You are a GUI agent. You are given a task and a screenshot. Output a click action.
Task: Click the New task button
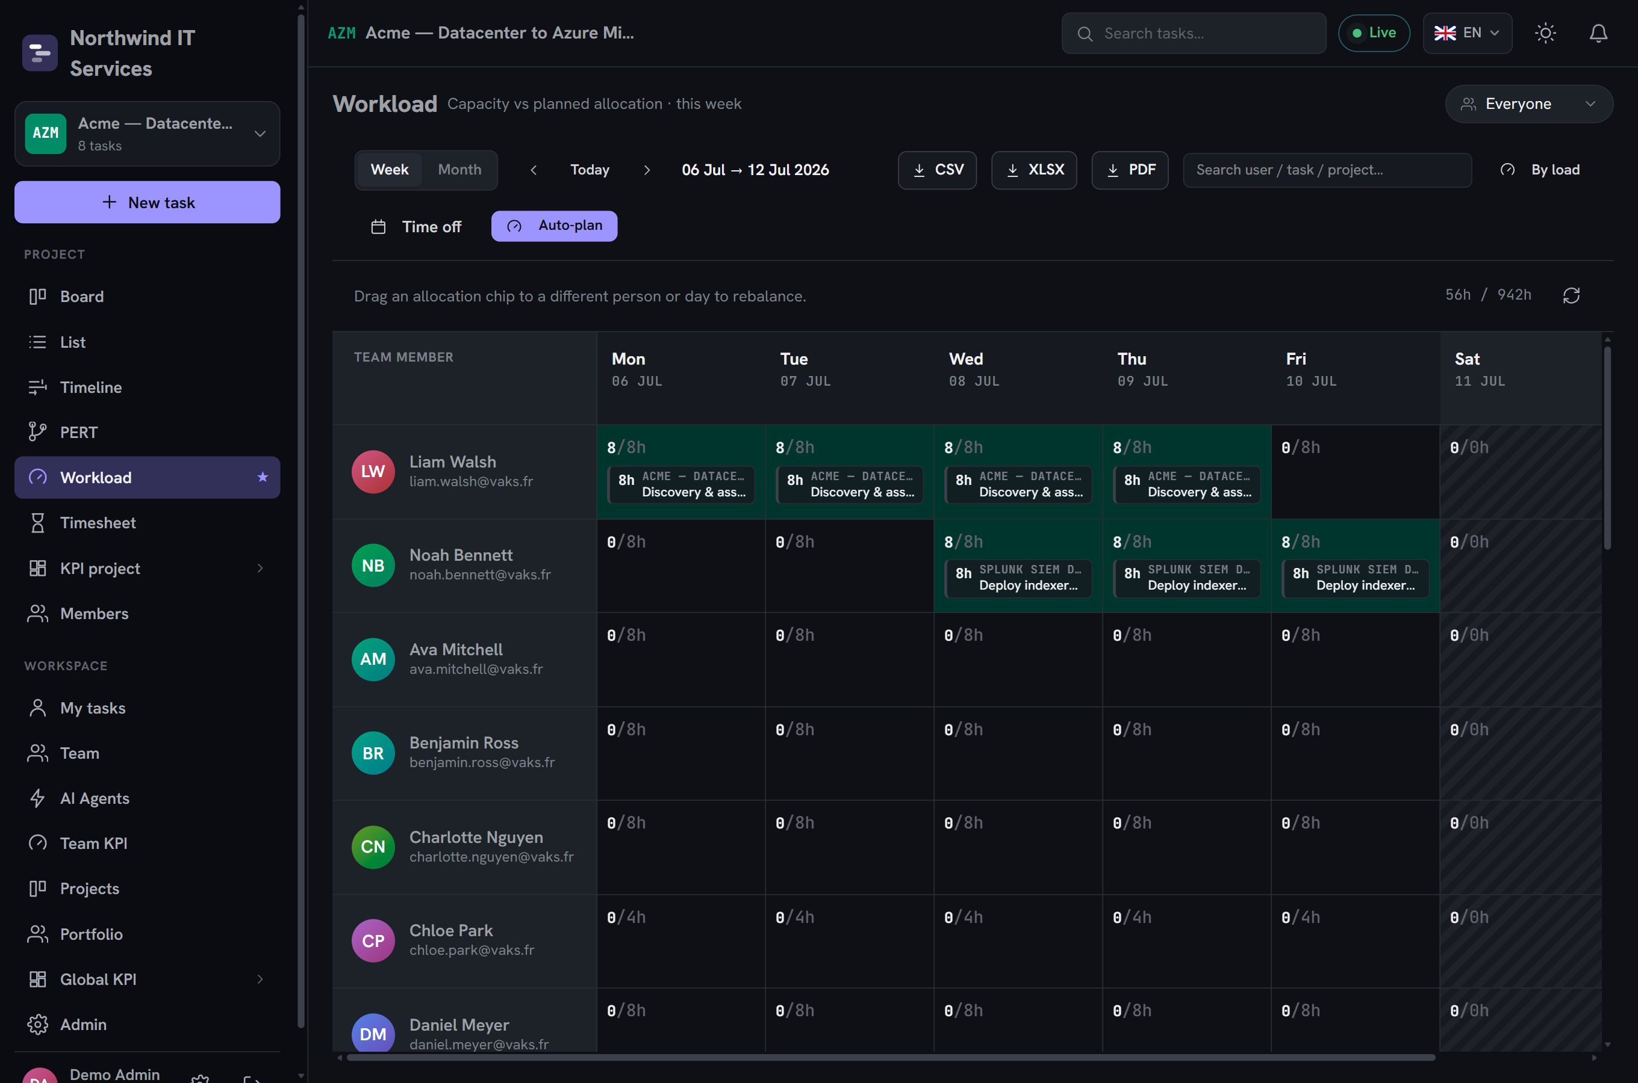(147, 202)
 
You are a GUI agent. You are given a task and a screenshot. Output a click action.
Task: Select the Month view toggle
(459, 170)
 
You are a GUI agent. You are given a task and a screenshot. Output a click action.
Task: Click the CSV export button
(937, 170)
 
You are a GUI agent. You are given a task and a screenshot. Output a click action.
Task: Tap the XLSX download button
(1034, 170)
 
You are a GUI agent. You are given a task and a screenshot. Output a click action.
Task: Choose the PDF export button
(1130, 170)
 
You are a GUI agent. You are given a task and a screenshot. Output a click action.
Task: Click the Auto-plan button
(554, 226)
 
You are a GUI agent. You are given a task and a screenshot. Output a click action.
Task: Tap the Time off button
(416, 227)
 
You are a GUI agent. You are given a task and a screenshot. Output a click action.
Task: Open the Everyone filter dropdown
(1529, 103)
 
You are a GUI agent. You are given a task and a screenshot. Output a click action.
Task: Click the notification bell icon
(1598, 33)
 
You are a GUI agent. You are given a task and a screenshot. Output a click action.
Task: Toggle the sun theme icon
(1545, 33)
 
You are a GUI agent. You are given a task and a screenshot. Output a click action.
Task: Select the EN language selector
(1466, 33)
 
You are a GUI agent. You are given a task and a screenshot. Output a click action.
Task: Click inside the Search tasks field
(1194, 33)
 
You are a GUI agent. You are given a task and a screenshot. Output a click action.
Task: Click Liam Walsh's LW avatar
(373, 472)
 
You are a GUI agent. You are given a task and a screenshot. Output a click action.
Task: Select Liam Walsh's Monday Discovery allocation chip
(680, 485)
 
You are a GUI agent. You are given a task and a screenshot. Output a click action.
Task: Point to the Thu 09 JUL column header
(1142, 369)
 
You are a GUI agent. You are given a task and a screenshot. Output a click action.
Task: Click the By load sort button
(1540, 170)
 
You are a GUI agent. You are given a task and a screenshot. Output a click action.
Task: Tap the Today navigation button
(590, 170)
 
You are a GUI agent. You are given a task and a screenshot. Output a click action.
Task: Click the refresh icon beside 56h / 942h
(1571, 295)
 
